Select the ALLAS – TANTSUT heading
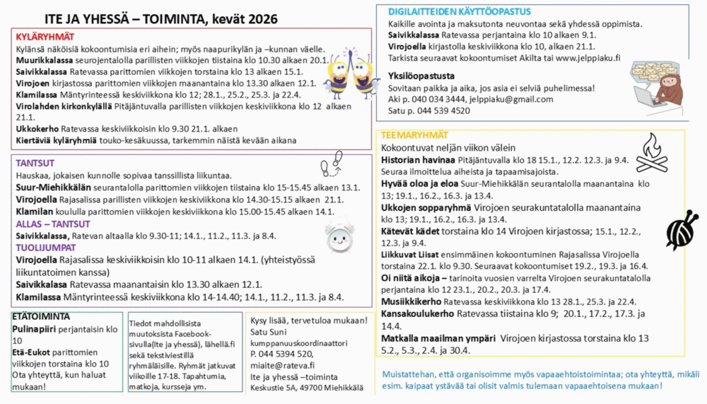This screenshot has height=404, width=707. (53, 224)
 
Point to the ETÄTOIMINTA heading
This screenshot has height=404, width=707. (41, 316)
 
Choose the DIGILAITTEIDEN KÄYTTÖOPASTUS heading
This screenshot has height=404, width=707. (460, 12)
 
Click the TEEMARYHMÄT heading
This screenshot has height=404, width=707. (414, 135)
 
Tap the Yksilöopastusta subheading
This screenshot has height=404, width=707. (421, 76)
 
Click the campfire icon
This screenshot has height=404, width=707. (651, 154)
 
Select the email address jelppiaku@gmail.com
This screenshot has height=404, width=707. (513, 100)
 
